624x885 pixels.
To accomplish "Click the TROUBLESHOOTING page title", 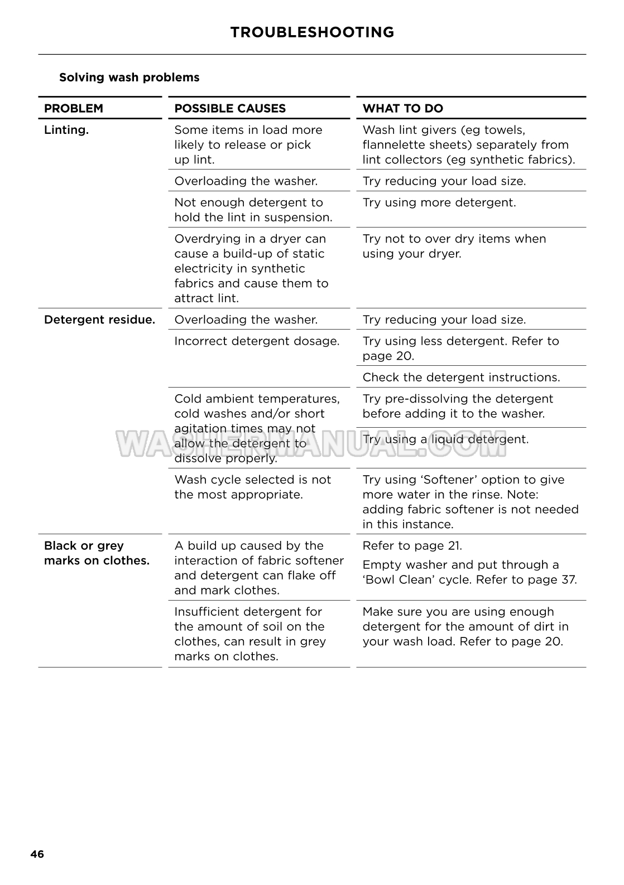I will click(x=312, y=32).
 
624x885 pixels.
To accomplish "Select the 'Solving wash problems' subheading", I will click(x=129, y=78).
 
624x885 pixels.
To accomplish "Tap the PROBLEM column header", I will click(x=74, y=109).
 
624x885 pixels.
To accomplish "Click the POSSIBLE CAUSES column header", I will click(x=230, y=109).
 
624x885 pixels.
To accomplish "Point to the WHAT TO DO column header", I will click(x=403, y=109).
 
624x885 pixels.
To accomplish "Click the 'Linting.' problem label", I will click(x=66, y=130).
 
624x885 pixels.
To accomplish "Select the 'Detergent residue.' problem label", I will click(x=99, y=320).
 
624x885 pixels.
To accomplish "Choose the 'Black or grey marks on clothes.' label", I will click(x=97, y=553).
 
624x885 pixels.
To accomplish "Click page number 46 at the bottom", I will click(x=37, y=854).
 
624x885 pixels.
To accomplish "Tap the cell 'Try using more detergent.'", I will click(x=439, y=202).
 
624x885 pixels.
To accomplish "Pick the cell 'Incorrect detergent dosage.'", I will click(x=257, y=341).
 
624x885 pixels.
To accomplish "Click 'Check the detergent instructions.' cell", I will click(x=461, y=378).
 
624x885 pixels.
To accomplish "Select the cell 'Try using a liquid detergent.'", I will click(x=445, y=439).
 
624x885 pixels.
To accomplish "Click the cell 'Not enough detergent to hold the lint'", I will click(x=253, y=210).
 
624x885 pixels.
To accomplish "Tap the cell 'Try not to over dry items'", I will click(x=454, y=246).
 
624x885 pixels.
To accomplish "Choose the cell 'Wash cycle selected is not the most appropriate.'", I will click(x=252, y=487).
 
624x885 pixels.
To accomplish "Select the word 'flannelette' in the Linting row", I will click(x=394, y=145).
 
